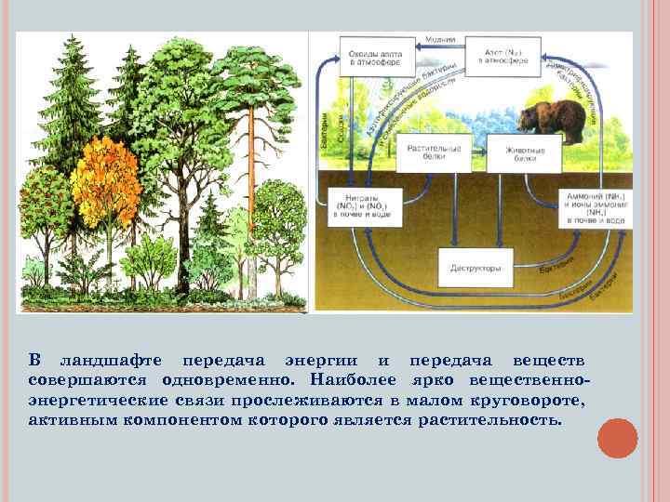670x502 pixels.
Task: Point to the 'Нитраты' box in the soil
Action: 357,205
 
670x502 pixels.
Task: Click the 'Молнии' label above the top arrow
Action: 440,40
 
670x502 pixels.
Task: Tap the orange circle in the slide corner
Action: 617,438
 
